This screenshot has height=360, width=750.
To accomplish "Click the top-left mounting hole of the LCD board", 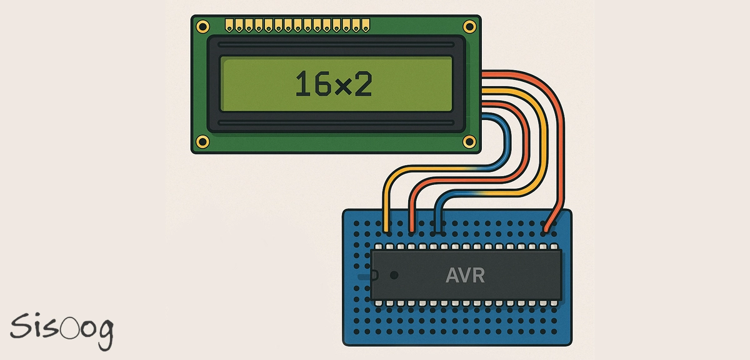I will click(202, 26).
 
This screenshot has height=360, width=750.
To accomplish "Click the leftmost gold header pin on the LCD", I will click(229, 26).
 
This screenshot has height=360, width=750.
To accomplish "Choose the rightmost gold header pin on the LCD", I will click(366, 26).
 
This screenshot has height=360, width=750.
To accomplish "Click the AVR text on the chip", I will click(465, 276).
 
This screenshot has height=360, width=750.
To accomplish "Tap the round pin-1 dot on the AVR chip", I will click(394, 275).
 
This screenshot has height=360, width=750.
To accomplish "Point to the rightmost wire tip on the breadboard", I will click(548, 229).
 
